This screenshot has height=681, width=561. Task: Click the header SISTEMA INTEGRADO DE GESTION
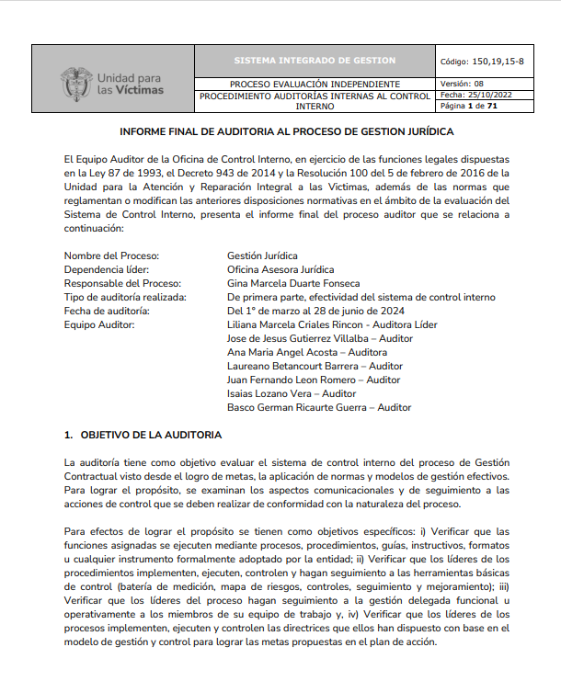315,61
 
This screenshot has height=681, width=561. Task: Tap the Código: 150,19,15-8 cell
483,61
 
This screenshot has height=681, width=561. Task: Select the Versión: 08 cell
468,83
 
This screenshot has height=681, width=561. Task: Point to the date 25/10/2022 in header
496,95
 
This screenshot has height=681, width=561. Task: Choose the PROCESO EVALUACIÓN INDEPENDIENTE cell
315,84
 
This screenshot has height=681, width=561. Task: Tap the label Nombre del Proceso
112,255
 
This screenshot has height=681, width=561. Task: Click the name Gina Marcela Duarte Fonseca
293,283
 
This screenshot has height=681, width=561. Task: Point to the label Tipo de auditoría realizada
126,297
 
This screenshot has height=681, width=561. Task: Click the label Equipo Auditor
99,324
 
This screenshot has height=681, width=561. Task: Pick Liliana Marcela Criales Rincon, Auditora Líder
332,324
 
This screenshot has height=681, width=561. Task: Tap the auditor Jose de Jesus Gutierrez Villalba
319,338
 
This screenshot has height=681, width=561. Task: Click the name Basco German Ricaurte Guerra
318,407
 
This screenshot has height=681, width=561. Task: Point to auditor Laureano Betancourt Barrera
315,366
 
